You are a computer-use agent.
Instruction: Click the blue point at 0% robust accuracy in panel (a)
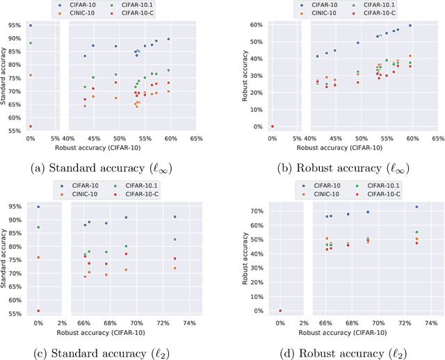point(30,25)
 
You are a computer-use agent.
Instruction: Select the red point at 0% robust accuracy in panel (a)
point(30,126)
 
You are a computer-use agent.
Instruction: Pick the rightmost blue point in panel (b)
point(410,26)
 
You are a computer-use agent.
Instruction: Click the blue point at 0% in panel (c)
point(38,206)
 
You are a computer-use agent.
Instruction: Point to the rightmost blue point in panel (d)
point(416,207)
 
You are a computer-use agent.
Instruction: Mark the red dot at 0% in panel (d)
point(280,311)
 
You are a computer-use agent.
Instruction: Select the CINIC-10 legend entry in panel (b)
point(316,13)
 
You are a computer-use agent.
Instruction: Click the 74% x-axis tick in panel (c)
point(188,324)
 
